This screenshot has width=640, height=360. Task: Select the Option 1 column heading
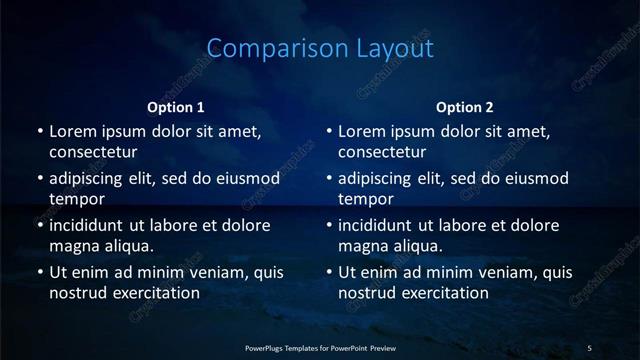click(176, 107)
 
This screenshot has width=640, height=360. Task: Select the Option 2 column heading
click(465, 107)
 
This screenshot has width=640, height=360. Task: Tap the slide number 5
click(589, 347)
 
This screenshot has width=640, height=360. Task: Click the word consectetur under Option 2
click(383, 153)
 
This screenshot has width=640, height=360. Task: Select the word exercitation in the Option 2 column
click(445, 293)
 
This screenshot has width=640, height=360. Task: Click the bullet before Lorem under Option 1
click(39, 132)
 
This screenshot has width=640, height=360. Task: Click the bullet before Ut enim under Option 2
click(329, 272)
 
